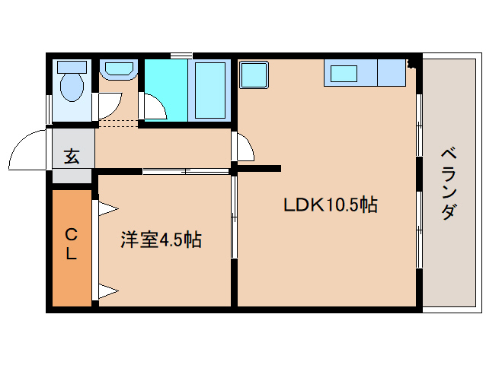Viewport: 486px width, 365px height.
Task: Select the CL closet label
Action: click(x=70, y=244)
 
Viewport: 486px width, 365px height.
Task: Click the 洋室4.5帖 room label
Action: click(x=161, y=240)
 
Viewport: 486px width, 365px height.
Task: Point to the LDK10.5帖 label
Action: click(x=330, y=205)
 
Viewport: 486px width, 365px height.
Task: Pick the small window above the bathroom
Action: click(x=181, y=55)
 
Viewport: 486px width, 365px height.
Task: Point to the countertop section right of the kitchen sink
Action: click(x=392, y=73)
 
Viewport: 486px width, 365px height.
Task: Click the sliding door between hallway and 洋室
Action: click(x=186, y=171)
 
